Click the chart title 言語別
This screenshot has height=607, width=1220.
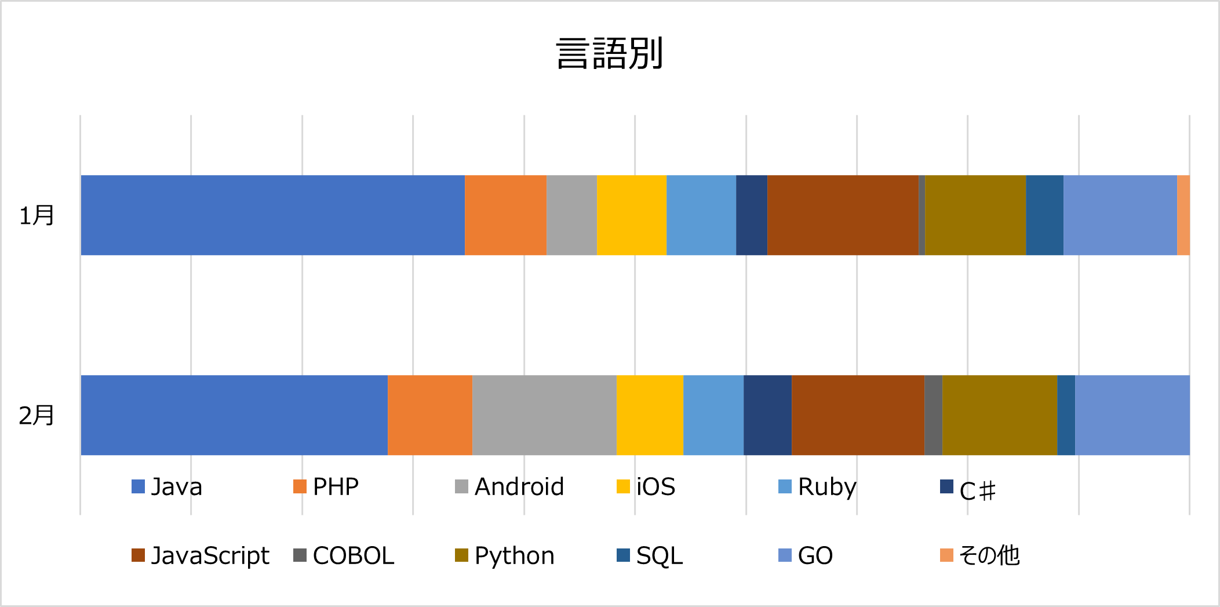(609, 53)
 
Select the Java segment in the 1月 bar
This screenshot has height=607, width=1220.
(272, 215)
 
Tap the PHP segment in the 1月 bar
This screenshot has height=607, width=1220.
(505, 215)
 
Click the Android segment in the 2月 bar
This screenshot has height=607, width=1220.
(544, 415)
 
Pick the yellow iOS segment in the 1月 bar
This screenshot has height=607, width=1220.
(631, 215)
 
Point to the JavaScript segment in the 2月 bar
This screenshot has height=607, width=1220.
(858, 415)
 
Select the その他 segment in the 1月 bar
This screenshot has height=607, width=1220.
(1183, 215)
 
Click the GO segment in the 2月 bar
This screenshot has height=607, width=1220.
(1132, 415)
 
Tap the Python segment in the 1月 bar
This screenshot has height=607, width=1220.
(975, 215)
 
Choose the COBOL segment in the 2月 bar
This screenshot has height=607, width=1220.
(933, 415)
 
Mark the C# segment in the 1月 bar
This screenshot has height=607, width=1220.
(752, 215)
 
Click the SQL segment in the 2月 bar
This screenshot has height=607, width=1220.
(1066, 415)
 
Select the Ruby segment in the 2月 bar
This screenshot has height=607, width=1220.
(713, 415)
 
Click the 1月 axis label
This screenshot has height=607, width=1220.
(37, 215)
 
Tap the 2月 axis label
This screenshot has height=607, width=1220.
(37, 415)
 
